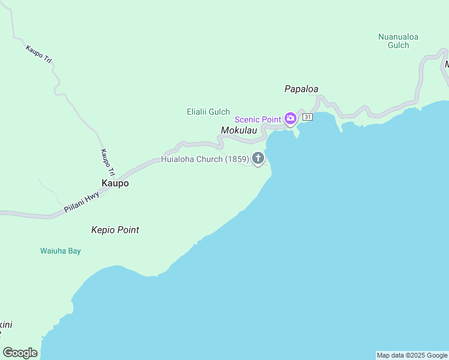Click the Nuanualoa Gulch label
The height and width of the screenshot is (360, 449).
click(398, 41)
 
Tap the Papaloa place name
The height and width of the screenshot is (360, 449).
click(301, 89)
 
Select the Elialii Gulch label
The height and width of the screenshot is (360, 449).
click(208, 112)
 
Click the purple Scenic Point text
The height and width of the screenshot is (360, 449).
click(258, 119)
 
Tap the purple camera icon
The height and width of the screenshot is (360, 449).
click(291, 118)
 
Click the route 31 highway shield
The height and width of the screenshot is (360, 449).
click(307, 117)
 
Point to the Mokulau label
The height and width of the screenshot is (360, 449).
click(243, 130)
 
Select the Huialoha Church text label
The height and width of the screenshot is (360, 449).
click(205, 159)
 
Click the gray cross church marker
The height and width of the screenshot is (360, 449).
click(258, 159)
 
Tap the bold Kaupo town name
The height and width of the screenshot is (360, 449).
click(114, 184)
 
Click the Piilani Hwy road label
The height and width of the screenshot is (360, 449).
click(81, 202)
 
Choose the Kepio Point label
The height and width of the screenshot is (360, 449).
click(115, 230)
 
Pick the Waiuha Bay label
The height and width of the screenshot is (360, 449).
click(61, 251)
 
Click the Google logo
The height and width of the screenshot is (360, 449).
click(20, 353)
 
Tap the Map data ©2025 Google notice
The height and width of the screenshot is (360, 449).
click(412, 355)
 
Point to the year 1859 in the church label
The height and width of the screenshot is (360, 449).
click(237, 159)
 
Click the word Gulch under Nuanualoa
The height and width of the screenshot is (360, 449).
click(398, 45)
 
